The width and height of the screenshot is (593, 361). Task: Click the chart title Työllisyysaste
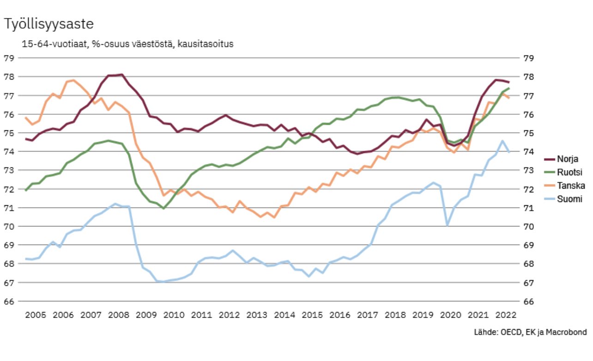click(x=48, y=24)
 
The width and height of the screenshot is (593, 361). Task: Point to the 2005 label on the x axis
click(x=35, y=315)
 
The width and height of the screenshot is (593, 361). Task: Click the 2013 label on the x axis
click(x=257, y=315)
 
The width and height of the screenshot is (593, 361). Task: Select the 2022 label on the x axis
click(x=506, y=315)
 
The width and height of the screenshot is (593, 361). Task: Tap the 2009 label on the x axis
click(x=146, y=315)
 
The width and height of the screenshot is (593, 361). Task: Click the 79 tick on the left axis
click(x=9, y=58)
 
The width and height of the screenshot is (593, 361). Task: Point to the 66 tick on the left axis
click(x=9, y=301)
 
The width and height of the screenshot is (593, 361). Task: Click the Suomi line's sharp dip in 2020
click(x=447, y=225)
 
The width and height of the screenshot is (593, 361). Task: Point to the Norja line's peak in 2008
click(x=121, y=74)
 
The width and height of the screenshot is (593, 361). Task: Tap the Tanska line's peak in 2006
click(x=73, y=80)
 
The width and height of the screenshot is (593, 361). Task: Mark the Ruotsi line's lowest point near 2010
click(x=163, y=208)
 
